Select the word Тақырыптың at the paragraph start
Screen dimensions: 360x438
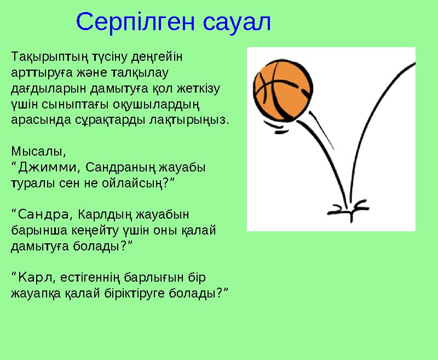[43, 56]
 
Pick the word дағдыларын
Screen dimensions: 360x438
[41, 88]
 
